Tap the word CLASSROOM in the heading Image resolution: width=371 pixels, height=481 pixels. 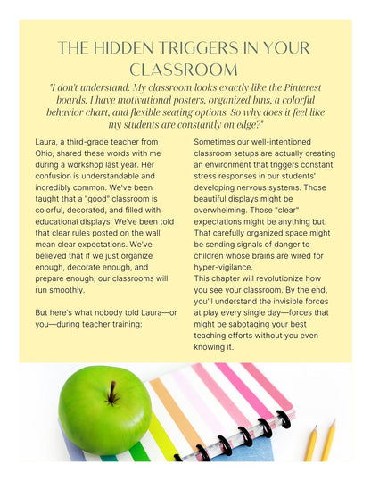point(185,69)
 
